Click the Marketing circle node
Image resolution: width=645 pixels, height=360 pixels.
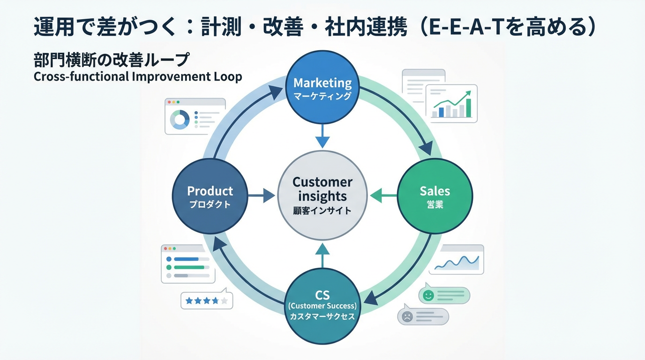[322, 88]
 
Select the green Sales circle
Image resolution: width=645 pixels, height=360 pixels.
[435, 196]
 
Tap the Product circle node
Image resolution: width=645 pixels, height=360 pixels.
[210, 196]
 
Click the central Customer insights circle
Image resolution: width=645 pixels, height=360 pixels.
[322, 195]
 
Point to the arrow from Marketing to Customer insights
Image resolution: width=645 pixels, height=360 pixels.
[322, 136]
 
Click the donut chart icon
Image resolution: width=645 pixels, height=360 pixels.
[180, 120]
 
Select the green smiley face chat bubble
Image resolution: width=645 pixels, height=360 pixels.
[444, 295]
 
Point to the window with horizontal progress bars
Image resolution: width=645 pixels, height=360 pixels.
[188, 264]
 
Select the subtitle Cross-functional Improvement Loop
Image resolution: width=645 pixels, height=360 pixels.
[138, 77]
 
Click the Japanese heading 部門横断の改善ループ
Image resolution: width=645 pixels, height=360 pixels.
[112, 60]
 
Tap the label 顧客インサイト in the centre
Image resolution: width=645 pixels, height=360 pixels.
[322, 210]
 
